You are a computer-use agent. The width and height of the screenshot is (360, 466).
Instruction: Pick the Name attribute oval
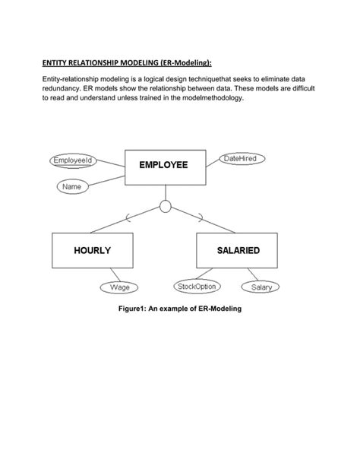[x=74, y=185]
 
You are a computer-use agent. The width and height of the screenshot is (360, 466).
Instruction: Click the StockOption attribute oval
[x=197, y=287]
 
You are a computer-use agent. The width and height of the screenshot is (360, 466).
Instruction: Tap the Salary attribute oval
[x=261, y=287]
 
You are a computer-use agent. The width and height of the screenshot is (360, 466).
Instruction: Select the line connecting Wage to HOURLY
[x=112, y=275]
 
